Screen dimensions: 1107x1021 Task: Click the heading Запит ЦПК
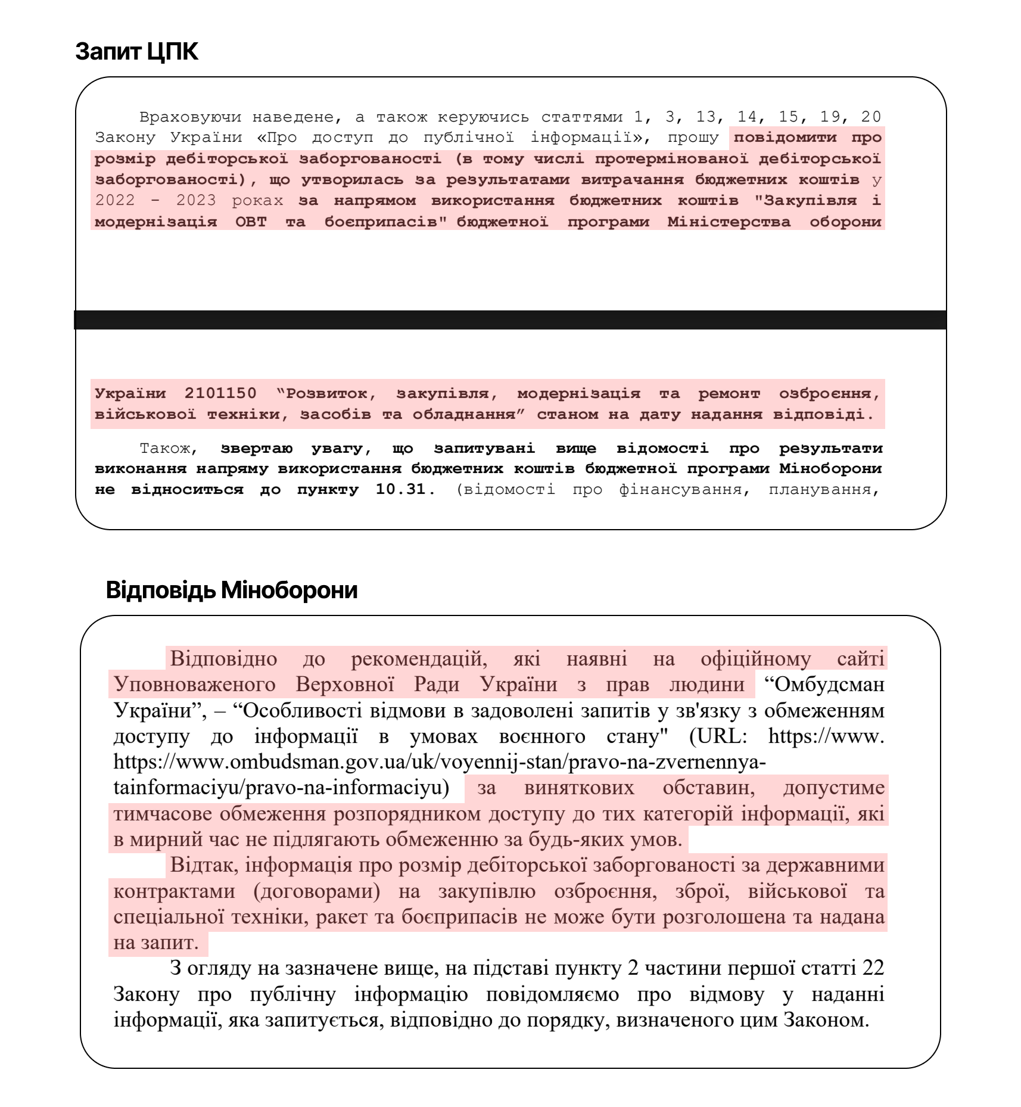(136, 52)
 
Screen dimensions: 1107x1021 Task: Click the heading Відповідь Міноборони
(232, 590)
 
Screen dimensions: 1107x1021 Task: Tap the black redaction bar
(510, 320)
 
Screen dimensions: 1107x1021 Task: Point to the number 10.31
(401, 490)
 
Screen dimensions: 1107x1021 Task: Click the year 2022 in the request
(115, 201)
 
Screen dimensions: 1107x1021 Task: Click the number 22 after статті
(873, 968)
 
